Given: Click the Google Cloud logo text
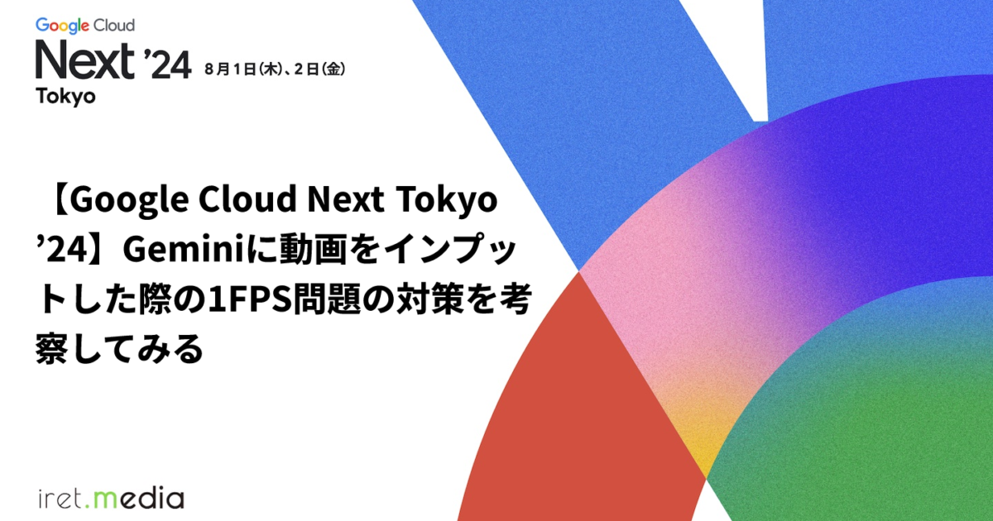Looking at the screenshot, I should click(x=84, y=26).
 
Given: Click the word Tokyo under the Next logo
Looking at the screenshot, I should click(x=65, y=96).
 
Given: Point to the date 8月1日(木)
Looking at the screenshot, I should click(x=245, y=69).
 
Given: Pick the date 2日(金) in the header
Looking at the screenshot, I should click(x=319, y=69).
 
